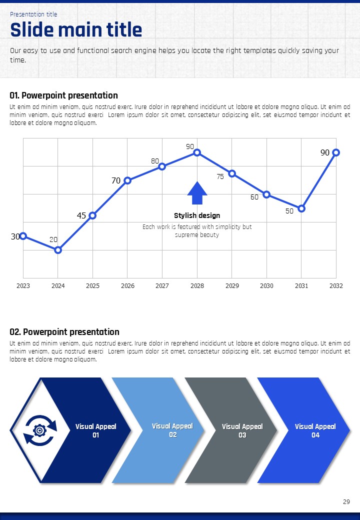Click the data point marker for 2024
click(x=58, y=250)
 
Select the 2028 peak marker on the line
click(x=197, y=152)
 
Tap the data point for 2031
click(x=301, y=208)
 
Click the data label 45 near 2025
click(x=81, y=215)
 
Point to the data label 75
click(x=220, y=176)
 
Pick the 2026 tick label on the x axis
click(x=127, y=286)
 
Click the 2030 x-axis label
click(x=266, y=286)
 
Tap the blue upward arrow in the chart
click(x=197, y=193)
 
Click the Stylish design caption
click(x=197, y=215)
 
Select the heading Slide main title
click(x=76, y=30)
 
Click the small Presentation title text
click(x=33, y=14)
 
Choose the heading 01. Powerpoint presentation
click(x=64, y=95)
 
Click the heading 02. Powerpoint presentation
click(x=64, y=332)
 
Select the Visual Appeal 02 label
click(x=172, y=430)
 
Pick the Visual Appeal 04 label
click(x=315, y=430)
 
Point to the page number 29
click(x=346, y=501)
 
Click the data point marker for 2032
click(x=336, y=152)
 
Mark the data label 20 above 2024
click(x=53, y=239)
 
